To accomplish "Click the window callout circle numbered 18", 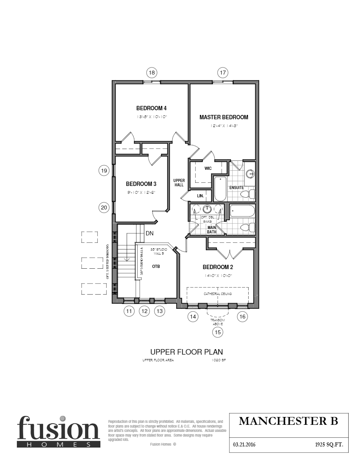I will (x=152, y=73).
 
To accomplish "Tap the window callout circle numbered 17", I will (x=223, y=73).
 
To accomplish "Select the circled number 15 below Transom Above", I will (x=218, y=332).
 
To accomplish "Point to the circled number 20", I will (x=104, y=208).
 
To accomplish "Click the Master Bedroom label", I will (x=224, y=117).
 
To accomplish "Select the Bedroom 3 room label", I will (x=141, y=184).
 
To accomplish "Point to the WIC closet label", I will (x=208, y=168).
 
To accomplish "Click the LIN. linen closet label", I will (x=200, y=195).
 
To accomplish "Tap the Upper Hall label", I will (x=179, y=183).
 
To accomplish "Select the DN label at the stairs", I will (x=149, y=233).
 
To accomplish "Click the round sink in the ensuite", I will (x=249, y=173).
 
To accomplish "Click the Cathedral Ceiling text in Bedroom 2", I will (x=218, y=294).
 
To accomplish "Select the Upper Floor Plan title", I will (x=187, y=352).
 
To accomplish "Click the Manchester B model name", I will (x=288, y=421).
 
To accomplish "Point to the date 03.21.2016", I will (x=244, y=445).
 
